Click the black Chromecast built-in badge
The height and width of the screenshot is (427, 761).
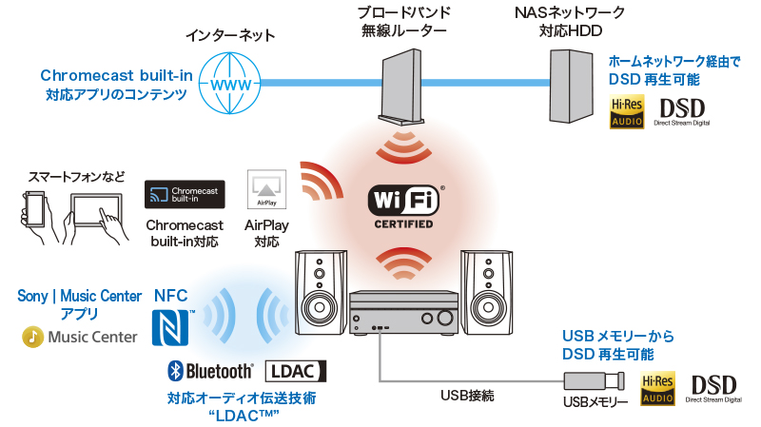(184, 195)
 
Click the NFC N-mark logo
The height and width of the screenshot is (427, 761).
(172, 325)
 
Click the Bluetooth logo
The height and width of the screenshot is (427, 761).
(211, 370)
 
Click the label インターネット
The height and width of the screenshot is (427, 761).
(230, 36)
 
